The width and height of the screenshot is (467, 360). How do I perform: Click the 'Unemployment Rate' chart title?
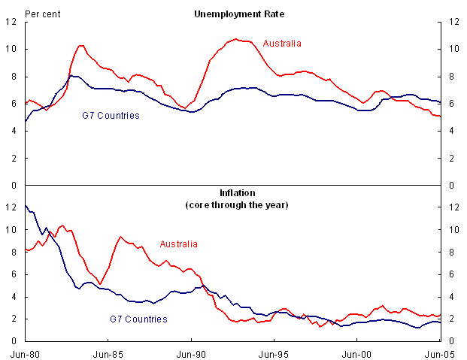232,14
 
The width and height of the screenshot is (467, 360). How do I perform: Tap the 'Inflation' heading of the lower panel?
232,192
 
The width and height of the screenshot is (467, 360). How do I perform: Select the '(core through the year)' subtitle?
232,204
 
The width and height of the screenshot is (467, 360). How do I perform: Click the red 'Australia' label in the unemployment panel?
282,44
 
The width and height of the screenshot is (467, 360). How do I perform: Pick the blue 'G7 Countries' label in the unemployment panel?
111,116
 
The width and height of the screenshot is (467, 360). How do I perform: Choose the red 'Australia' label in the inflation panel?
179,244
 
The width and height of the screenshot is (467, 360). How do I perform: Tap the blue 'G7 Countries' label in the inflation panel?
136,319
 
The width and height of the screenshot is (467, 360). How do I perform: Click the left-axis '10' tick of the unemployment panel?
12,50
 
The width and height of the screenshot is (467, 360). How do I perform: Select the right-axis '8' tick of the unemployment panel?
450,77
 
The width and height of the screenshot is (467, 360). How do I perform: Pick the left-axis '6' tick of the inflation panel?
15,274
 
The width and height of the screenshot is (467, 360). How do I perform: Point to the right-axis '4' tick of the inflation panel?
450,297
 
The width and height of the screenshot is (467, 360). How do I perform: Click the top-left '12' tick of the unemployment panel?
12,23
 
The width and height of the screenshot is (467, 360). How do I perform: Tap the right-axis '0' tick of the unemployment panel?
450,186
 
